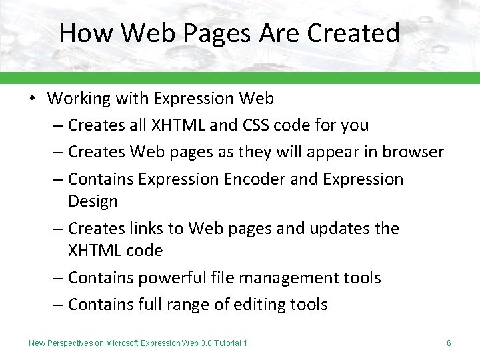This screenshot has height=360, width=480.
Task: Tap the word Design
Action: pos(93,201)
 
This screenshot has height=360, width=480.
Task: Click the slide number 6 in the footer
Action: pos(449,343)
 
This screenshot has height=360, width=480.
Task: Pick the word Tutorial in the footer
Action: pos(225,343)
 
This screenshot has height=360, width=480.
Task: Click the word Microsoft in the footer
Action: pos(122,343)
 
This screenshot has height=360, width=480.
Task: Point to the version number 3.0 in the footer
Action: pos(201,343)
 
